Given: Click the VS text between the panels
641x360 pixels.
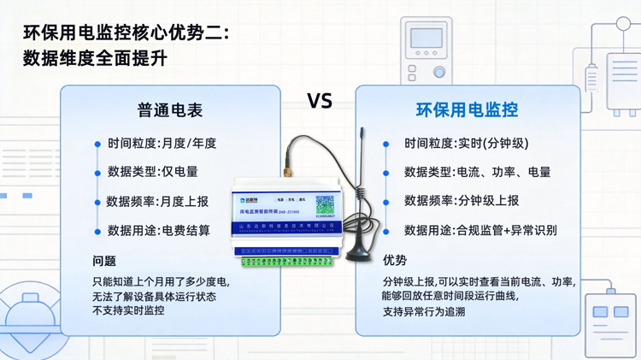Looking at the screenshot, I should (x=320, y=101).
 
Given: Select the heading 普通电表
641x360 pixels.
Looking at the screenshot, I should (x=170, y=110).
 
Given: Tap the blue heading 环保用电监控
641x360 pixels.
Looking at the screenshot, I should (x=467, y=110).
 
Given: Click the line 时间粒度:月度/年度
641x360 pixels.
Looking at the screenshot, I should (x=162, y=144).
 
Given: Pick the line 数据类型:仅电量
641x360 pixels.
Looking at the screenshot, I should (x=152, y=172).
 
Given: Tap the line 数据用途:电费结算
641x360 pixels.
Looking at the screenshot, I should (x=158, y=230).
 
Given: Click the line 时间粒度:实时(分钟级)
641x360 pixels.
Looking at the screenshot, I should (x=466, y=144).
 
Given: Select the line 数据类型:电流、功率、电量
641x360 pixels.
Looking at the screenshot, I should (x=477, y=172).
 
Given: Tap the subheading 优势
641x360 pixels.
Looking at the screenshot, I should (x=395, y=260).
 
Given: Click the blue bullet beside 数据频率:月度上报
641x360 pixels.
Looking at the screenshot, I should (x=97, y=203).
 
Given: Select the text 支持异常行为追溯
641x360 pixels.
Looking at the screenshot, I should (x=424, y=311).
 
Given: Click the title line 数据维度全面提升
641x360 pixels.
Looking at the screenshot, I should (x=95, y=59).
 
